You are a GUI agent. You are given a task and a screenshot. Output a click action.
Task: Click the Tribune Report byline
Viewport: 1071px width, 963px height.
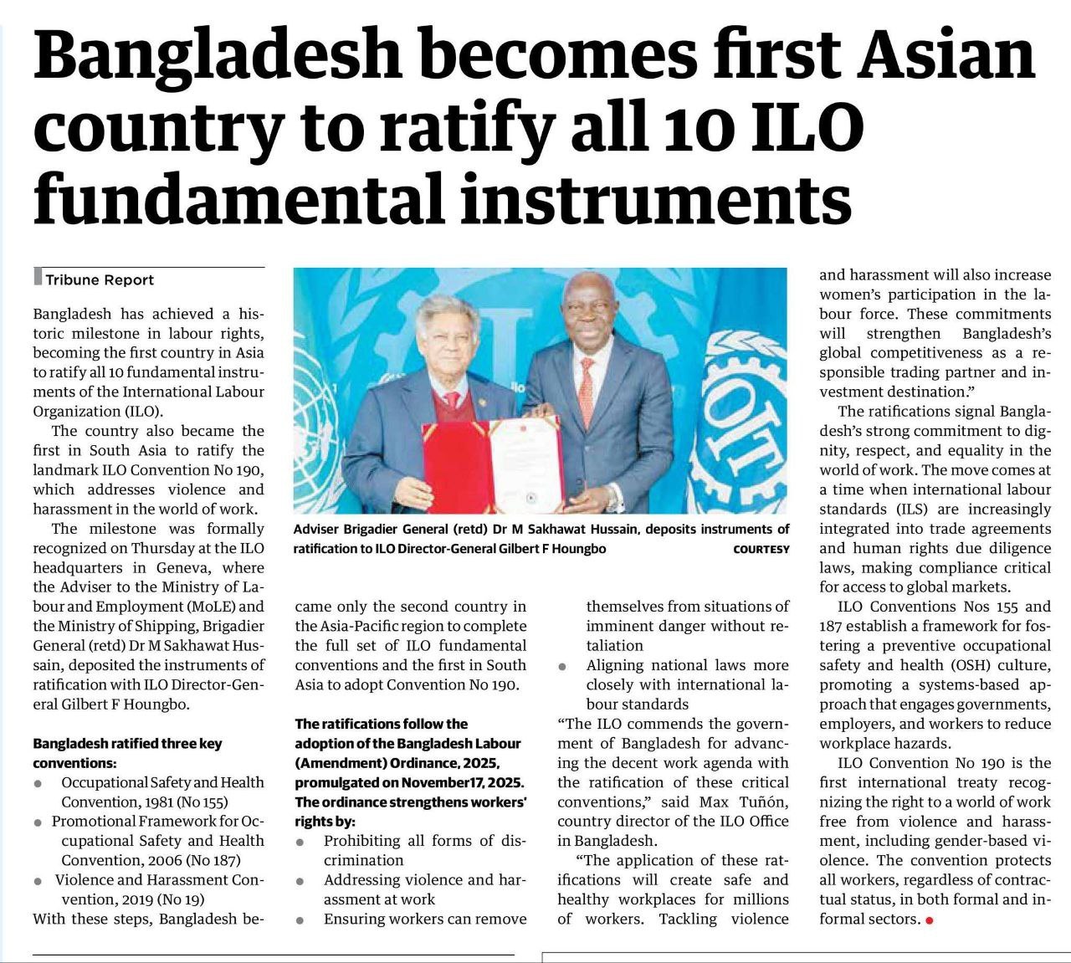100,280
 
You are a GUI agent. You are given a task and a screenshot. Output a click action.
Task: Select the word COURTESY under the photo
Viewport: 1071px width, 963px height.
761,550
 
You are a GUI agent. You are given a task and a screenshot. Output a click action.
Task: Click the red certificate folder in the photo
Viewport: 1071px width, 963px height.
456,466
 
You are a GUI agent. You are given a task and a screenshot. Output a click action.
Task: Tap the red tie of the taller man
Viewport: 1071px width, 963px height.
587,390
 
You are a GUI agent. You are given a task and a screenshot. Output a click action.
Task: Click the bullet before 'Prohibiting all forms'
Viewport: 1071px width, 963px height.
300,842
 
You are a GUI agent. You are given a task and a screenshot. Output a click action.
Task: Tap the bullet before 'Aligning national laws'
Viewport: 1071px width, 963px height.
563,667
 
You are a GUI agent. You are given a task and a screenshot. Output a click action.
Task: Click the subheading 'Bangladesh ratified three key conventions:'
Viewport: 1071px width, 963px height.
127,753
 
